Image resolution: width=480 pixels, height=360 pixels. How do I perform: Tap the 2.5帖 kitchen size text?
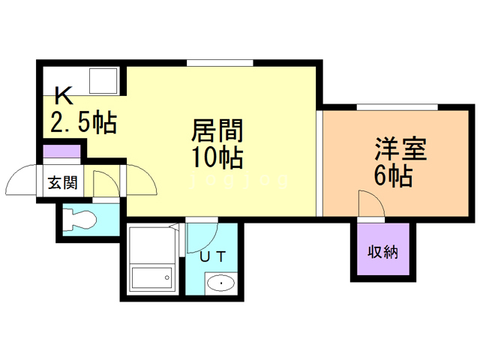click(83, 121)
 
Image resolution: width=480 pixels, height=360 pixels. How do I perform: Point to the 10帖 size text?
click(217, 158)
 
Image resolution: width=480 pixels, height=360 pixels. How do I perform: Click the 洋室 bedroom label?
click(401, 148)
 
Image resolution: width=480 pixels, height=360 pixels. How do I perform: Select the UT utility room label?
click(212, 256)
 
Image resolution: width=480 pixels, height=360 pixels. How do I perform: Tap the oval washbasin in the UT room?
click(219, 283)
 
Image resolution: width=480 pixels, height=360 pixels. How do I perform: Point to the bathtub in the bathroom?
click(151, 278)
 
